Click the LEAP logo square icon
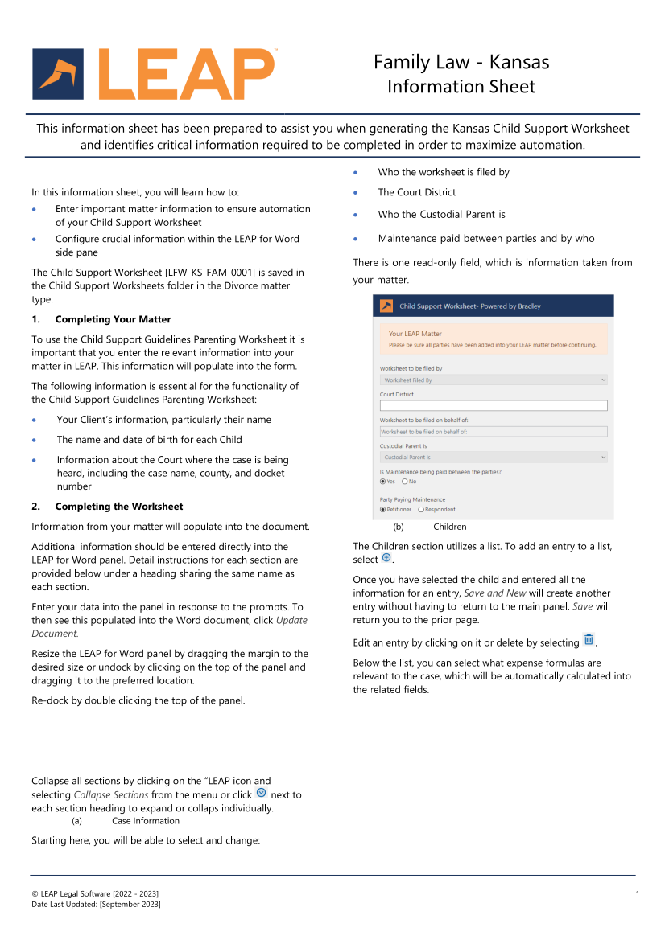tap(58, 74)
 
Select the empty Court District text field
tap(494, 406)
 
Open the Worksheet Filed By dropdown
tap(494, 380)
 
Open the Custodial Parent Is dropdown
tap(494, 458)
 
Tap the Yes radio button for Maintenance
tap(383, 482)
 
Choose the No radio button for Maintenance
tap(404, 482)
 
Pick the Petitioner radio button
tap(383, 509)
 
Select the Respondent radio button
tap(421, 509)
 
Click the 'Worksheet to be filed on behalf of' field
tap(494, 432)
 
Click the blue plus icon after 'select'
tap(386, 559)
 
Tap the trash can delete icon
tap(589, 641)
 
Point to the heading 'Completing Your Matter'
tap(113, 319)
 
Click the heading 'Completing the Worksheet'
tap(119, 507)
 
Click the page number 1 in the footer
tap(637, 893)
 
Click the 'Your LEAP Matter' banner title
tap(415, 334)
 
